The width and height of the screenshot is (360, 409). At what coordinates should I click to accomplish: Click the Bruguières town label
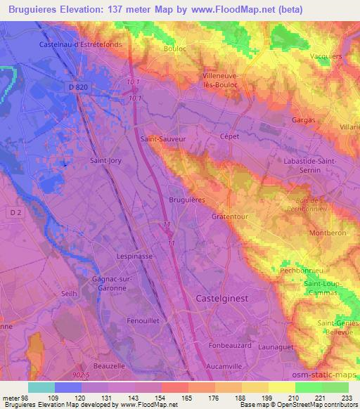[x=186, y=200]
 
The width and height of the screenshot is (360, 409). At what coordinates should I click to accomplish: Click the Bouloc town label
[x=176, y=51]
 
